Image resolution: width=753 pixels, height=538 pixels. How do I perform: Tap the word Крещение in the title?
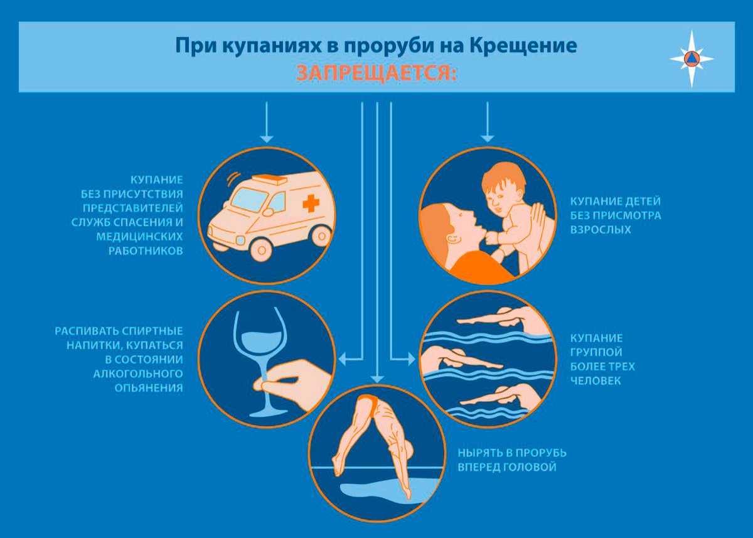[x=523, y=46]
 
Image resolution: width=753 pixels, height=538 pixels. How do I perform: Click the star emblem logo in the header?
[x=692, y=59]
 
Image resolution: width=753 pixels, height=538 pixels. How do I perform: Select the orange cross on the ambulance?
[x=311, y=203]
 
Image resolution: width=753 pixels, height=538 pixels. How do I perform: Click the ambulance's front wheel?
[x=261, y=250]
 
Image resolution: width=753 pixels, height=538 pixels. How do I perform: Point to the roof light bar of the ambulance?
[x=269, y=180]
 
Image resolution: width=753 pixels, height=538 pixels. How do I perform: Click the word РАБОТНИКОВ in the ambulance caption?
[x=146, y=251]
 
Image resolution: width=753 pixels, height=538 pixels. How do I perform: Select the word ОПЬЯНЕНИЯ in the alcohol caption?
[x=149, y=388]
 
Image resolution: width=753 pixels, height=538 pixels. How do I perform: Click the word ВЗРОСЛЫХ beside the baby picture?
[x=601, y=230]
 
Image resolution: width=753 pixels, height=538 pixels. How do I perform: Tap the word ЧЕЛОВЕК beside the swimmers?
[x=595, y=380]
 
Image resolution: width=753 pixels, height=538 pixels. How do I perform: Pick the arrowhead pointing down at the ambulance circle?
[x=267, y=139]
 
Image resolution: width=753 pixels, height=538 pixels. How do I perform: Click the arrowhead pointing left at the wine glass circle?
[x=342, y=360]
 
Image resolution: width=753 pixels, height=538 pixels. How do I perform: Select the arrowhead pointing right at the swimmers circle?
[x=411, y=360]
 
